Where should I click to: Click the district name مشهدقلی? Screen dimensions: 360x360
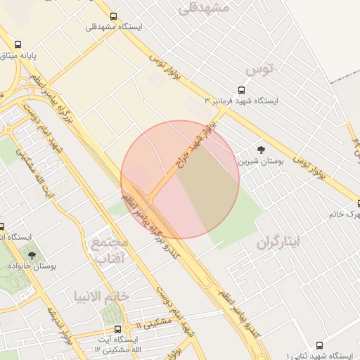click(x=205, y=8)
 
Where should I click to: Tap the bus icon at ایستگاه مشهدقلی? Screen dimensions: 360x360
click(x=113, y=16)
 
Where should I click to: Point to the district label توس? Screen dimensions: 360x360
click(x=258, y=70)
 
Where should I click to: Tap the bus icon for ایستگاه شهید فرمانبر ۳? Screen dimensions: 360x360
click(x=241, y=90)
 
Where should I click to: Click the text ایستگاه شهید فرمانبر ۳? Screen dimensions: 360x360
click(x=241, y=101)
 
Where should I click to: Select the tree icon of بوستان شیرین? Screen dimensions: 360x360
click(x=262, y=150)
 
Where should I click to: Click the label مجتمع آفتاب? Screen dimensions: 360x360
click(x=108, y=252)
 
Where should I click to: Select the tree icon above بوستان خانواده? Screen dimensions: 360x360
click(x=32, y=255)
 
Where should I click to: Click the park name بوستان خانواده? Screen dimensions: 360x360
click(x=32, y=266)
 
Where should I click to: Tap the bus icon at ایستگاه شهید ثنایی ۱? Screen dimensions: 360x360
click(x=320, y=345)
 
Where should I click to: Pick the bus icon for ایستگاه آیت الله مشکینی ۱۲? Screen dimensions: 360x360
click(x=116, y=328)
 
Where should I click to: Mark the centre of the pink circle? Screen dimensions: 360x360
click(x=180, y=179)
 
